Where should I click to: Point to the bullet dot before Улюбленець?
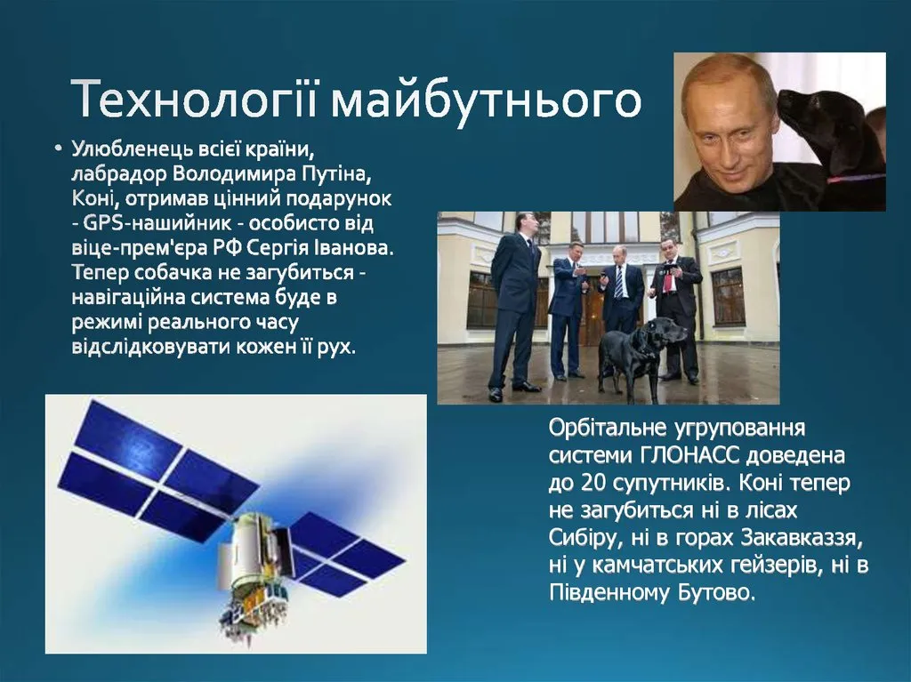[58, 149]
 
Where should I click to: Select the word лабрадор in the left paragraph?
[120, 174]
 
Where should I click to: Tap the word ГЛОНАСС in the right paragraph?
[690, 455]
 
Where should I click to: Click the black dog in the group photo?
[633, 356]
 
